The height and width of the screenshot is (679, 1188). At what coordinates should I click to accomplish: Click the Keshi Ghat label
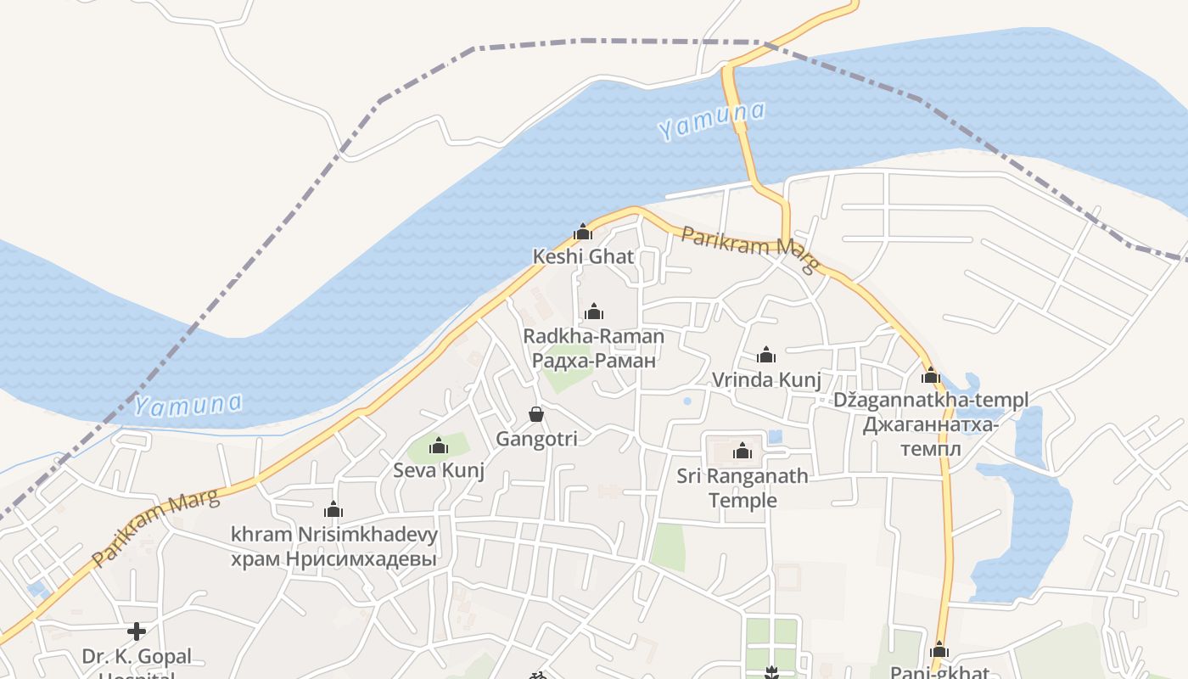click(583, 256)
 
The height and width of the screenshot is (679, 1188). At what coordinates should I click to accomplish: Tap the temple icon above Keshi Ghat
click(583, 232)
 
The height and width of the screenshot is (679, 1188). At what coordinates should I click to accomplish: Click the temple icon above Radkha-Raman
click(594, 311)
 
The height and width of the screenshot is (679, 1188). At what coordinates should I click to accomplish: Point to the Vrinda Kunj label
click(766, 379)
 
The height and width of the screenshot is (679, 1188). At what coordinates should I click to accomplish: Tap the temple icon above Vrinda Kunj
click(766, 355)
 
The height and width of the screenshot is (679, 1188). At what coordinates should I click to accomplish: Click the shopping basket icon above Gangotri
click(536, 414)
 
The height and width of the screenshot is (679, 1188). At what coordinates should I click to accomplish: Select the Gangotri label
click(536, 439)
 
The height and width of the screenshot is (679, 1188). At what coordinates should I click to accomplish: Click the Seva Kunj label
click(439, 470)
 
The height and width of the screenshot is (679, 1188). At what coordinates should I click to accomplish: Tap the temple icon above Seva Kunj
click(439, 446)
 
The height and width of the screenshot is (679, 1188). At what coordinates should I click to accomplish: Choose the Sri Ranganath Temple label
click(742, 488)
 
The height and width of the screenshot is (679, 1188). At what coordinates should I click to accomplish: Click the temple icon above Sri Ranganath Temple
click(742, 451)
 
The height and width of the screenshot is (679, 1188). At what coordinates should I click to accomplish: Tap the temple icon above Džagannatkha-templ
click(931, 375)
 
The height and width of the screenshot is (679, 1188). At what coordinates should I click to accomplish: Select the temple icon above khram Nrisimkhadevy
click(333, 510)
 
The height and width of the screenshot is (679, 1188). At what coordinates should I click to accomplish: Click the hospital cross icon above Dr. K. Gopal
click(137, 631)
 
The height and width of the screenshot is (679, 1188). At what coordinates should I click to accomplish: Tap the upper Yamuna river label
click(711, 121)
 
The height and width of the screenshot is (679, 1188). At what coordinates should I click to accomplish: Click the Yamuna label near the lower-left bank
click(188, 405)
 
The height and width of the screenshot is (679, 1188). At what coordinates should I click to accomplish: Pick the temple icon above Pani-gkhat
click(939, 651)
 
